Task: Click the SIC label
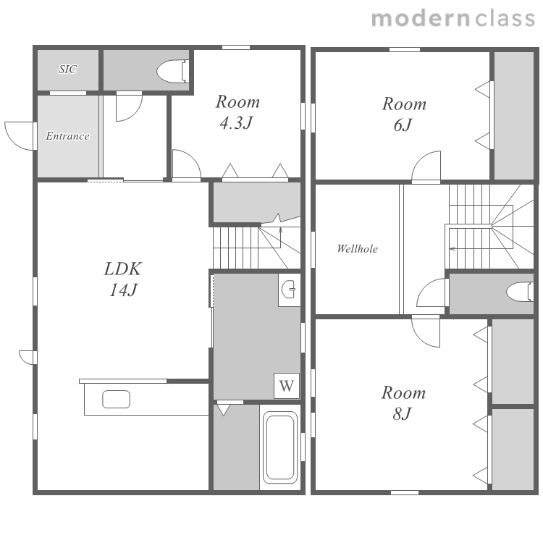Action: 67,70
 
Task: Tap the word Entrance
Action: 67,136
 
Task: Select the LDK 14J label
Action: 123,279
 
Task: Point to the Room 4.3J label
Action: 237,111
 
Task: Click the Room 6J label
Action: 404,114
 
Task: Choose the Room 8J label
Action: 403,403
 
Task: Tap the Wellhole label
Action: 358,248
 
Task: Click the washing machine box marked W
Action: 287,385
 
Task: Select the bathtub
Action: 280,447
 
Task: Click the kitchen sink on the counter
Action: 117,399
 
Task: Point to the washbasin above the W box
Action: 289,290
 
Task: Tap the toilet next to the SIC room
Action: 172,72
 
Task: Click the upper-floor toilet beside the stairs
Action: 520,292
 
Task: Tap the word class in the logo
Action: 505,18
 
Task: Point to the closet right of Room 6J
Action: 514,116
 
